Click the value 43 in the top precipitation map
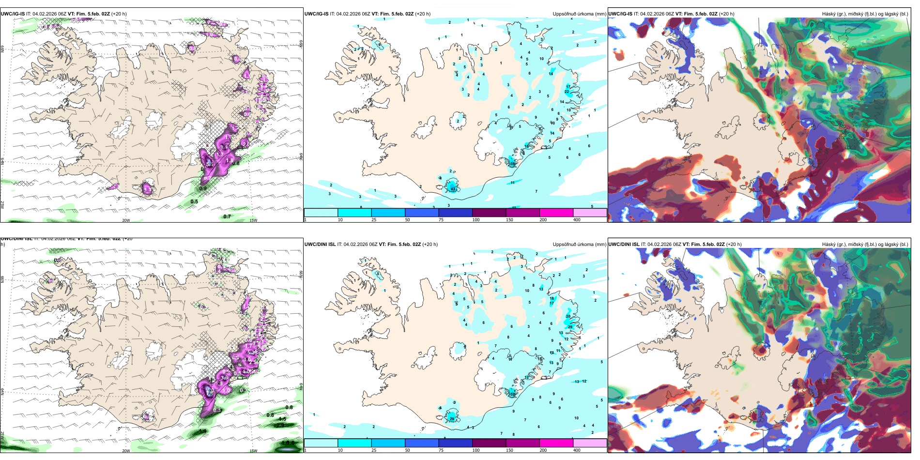tap(453, 189)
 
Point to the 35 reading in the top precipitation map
tap(512, 164)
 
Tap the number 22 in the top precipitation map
tap(567, 92)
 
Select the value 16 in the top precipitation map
tap(527, 146)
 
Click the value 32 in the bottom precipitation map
tap(512, 394)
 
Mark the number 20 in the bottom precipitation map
tap(568, 316)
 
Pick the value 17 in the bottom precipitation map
tap(552, 303)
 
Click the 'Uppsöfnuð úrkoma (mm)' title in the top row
tap(579, 14)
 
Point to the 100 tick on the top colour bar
tap(476, 220)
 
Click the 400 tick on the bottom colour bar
tap(577, 450)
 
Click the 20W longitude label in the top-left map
tap(126, 220)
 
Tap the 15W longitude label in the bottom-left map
tap(253, 451)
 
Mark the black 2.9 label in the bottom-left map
tap(280, 425)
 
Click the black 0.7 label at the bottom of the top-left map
tap(227, 216)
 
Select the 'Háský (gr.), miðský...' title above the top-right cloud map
tap(865, 14)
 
